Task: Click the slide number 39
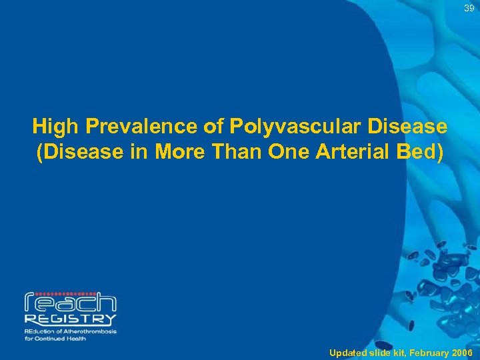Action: pos(470,8)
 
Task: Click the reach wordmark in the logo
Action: pos(70,304)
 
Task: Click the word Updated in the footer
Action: pos(347,352)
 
